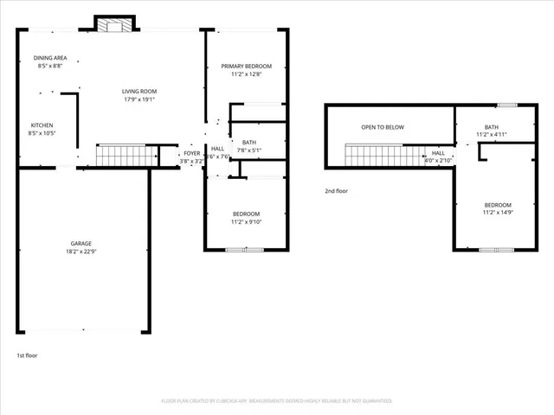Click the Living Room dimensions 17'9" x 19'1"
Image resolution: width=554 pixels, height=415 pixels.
[138, 99]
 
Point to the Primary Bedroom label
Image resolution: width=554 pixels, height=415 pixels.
[246, 67]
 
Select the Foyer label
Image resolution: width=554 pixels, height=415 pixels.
[191, 153]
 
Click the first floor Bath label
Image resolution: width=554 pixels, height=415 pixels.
[249, 143]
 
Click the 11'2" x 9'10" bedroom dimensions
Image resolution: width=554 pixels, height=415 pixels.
[246, 222]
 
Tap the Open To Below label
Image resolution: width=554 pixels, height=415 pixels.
[383, 127]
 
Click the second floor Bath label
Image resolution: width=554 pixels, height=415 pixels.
[491, 127]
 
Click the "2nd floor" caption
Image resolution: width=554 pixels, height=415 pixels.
[336, 191]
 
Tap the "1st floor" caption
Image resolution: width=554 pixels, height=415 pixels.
[27, 355]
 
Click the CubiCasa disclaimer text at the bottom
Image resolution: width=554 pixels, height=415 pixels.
[277, 401]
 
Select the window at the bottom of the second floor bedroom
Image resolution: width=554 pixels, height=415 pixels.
[497, 250]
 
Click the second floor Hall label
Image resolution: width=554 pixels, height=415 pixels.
[438, 153]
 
